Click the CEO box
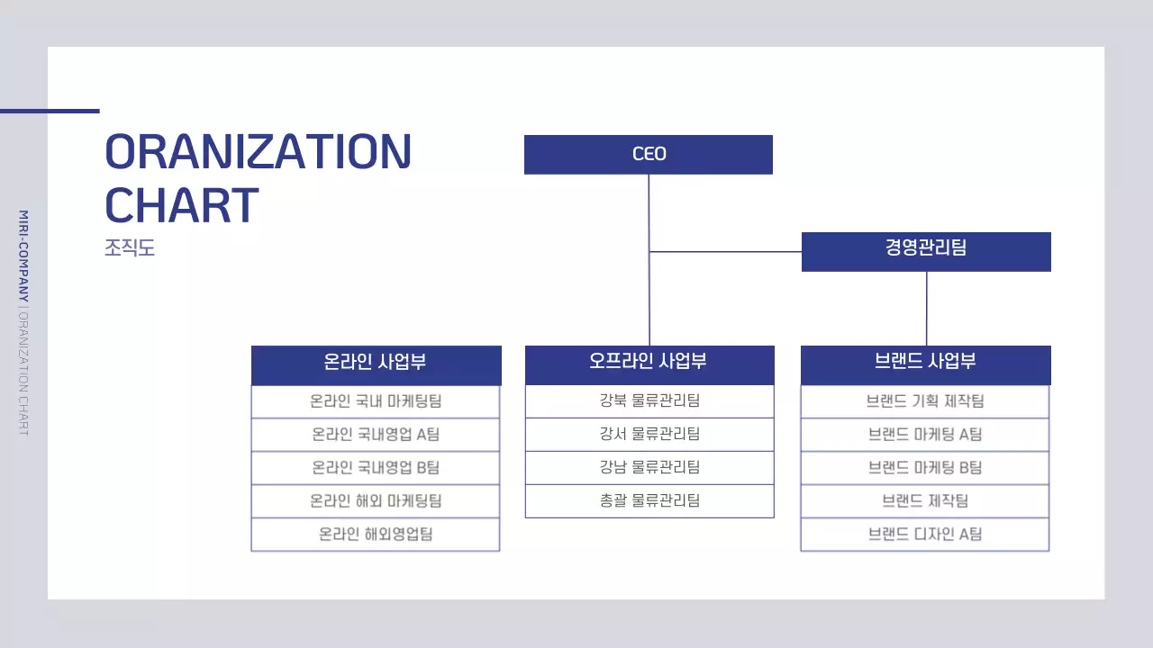point(649,154)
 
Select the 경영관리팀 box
point(926,251)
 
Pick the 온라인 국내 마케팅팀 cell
point(376,401)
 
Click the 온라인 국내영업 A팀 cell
point(376,435)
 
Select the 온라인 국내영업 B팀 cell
point(376,468)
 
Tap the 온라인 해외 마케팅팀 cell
point(376,501)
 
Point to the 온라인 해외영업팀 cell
point(376,535)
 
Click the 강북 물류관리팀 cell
point(649,401)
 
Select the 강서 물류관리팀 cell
point(649,435)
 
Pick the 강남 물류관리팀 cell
point(649,468)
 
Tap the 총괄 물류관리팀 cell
point(649,501)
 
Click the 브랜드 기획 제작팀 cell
point(925,401)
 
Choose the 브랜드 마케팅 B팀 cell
point(925,468)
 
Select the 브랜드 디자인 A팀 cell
point(925,535)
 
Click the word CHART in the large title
point(182,205)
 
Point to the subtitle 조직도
point(130,247)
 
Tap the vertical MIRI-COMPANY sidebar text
point(24,256)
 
